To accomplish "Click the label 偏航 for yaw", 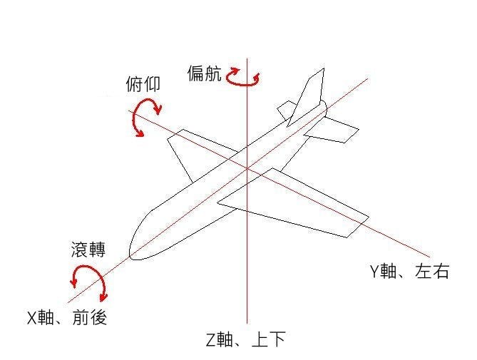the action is point(204,73).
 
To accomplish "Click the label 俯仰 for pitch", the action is point(143,84).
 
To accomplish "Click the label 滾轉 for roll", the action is point(88,250).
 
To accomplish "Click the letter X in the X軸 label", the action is point(32,318).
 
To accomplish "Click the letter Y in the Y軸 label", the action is point(375,271).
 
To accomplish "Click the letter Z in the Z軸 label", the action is point(211,340).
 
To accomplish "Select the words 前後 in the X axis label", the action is point(90,318).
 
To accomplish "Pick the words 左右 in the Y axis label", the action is point(432,271).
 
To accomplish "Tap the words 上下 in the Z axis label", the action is point(269,339).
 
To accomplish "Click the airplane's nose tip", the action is point(130,255).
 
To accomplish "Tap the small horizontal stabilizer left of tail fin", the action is point(286,109).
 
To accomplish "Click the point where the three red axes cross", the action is point(247,168).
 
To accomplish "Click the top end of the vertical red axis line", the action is point(247,58).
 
